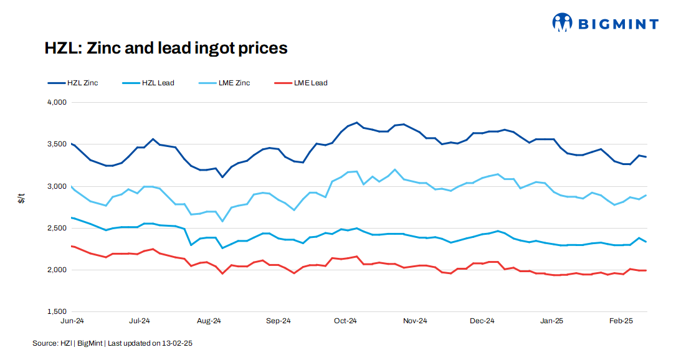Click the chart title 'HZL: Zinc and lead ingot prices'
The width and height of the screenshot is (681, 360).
click(x=166, y=48)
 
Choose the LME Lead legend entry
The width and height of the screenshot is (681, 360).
click(x=310, y=83)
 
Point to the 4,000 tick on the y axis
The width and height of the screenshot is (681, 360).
click(x=56, y=102)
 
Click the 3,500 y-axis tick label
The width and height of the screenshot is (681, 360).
click(x=56, y=144)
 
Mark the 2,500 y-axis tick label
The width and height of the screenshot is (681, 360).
click(x=56, y=228)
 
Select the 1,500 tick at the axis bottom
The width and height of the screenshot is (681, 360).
click(x=56, y=311)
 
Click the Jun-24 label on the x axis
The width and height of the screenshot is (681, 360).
click(x=72, y=321)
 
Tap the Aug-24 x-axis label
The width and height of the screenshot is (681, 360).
click(x=209, y=321)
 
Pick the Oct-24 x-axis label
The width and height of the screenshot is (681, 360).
click(x=345, y=321)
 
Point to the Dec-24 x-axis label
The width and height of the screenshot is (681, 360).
click(x=482, y=321)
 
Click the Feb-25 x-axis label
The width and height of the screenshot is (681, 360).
click(x=621, y=321)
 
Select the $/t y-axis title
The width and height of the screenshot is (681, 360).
click(x=21, y=199)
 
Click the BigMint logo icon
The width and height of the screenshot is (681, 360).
click(x=562, y=23)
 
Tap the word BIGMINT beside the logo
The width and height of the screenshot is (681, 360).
click(x=617, y=24)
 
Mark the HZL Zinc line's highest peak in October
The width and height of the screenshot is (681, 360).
click(x=356, y=123)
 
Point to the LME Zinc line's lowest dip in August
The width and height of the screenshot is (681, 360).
click(x=222, y=221)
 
